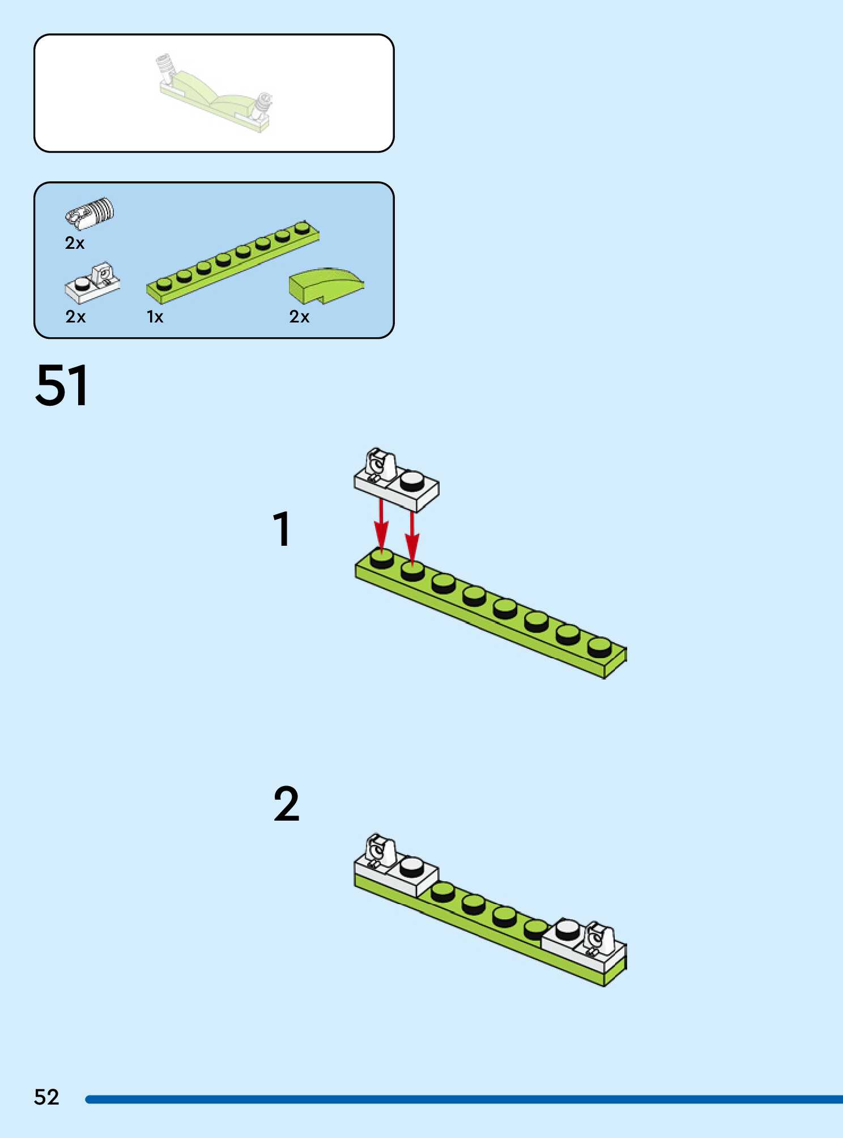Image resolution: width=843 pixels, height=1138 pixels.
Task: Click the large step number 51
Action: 62,386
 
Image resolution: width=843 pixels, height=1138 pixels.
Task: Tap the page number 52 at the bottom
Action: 46,1097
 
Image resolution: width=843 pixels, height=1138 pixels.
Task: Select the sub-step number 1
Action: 282,529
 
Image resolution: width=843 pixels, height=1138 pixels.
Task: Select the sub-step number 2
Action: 286,804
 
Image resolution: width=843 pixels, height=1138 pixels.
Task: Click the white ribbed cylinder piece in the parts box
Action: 91,213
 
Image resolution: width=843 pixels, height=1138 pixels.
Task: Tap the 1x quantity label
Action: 155,317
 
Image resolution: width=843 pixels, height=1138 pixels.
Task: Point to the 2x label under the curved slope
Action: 299,317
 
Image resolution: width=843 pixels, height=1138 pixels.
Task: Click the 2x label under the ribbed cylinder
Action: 75,243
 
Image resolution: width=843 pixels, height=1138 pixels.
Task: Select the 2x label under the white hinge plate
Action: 75,317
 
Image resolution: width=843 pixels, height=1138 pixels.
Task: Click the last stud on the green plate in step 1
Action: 599,646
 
